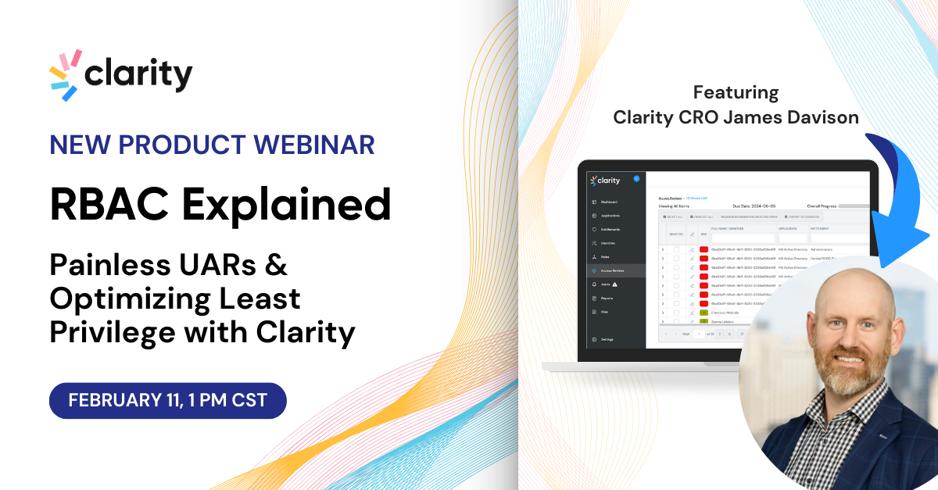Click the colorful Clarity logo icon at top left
tap(65, 75)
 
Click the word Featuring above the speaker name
tap(736, 92)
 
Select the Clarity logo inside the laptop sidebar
tap(606, 180)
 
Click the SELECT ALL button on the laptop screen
tap(673, 216)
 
